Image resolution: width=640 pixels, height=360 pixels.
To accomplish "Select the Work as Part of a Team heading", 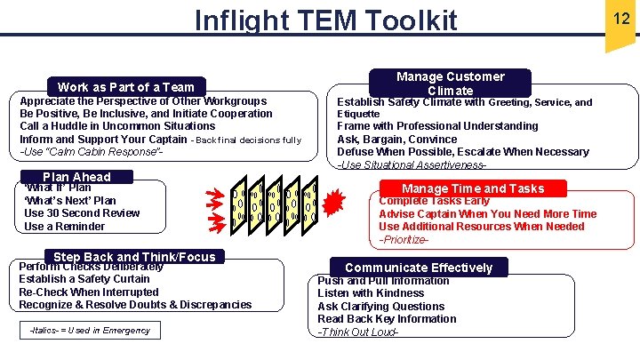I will pos(125,86).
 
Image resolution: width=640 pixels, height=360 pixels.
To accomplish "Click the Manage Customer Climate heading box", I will pos(450,84).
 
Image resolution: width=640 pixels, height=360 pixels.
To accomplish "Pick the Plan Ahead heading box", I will pos(76,176).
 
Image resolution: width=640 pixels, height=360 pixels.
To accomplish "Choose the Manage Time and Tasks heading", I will pos(473,188).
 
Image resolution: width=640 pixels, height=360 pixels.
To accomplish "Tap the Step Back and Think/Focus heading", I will pos(134,257).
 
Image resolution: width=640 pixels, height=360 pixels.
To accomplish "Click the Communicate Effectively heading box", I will pos(418,268).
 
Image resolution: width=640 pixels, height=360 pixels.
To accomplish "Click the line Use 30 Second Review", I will pos(82,213).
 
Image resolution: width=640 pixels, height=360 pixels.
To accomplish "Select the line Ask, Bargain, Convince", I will pos(396,140).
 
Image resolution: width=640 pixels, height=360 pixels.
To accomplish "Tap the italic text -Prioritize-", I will pos(404,240).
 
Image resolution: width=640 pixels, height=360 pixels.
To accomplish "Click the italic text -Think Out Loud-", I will pos(357,332).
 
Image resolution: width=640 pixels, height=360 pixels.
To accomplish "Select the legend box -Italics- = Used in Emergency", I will pos(89,331).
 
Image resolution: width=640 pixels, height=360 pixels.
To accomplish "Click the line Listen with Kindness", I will pos(371,293).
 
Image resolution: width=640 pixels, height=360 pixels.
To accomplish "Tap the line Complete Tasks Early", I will pos(434,201).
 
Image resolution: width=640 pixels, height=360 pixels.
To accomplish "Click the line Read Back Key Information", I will pos(387,319).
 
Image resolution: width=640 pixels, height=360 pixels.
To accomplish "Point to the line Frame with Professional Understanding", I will pos(425,126).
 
